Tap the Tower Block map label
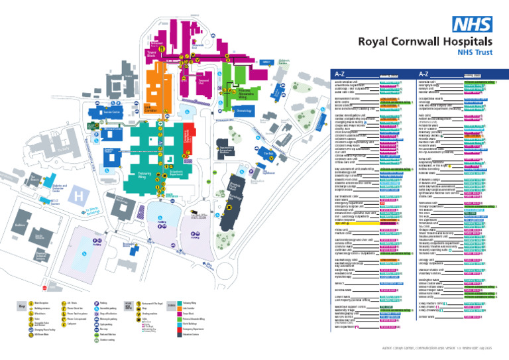coord(152,52)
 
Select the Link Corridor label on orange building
coord(152,107)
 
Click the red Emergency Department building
coord(187,136)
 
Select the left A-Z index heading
coord(339,74)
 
